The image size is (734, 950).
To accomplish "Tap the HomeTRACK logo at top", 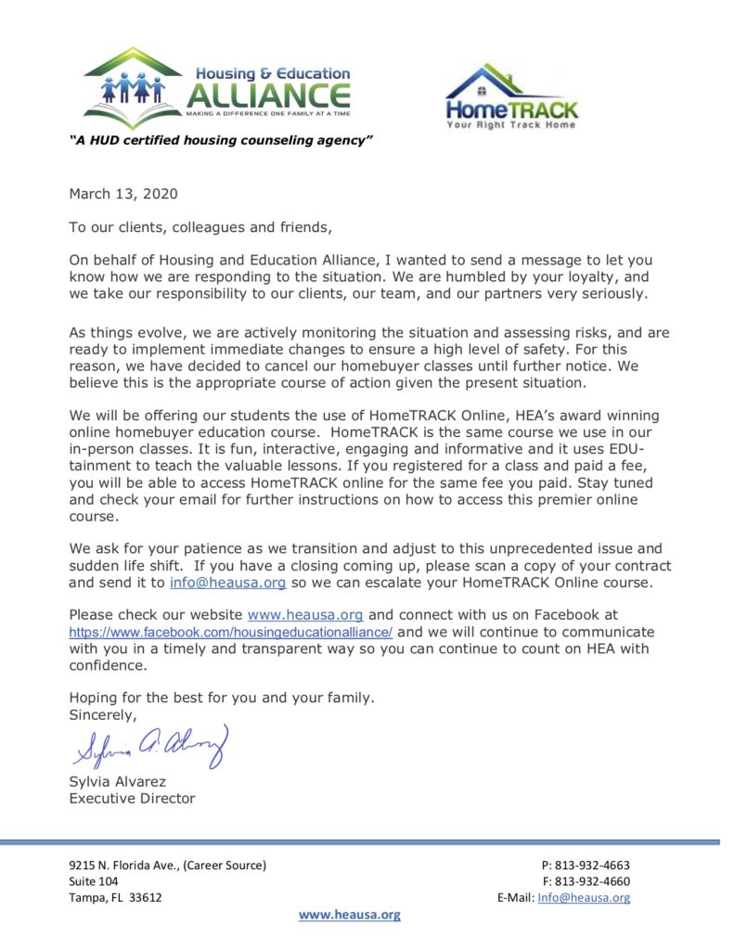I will click(x=511, y=96).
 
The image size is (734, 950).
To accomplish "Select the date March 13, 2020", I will click(x=122, y=194).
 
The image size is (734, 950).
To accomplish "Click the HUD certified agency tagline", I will click(x=222, y=140).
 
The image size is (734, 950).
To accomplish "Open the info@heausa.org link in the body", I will click(x=227, y=583).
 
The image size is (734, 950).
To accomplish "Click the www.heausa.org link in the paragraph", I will click(x=304, y=614).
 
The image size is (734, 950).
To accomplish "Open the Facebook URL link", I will click(x=231, y=631).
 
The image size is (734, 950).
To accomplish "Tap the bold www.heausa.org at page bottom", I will click(x=349, y=914).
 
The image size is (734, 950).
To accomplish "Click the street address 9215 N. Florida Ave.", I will click(x=167, y=865).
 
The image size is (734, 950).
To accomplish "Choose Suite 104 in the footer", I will click(x=94, y=881).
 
